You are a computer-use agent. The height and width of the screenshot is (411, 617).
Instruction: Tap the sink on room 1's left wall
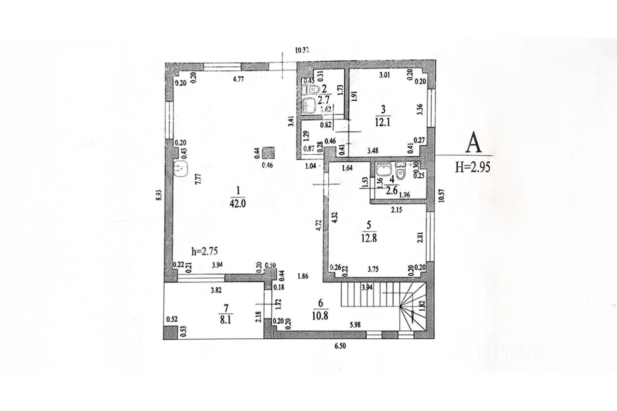point(181,169)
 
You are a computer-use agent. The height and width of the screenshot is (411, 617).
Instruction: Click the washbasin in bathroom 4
point(383,169)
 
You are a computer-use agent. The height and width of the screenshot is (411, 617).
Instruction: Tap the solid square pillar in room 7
point(169,332)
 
